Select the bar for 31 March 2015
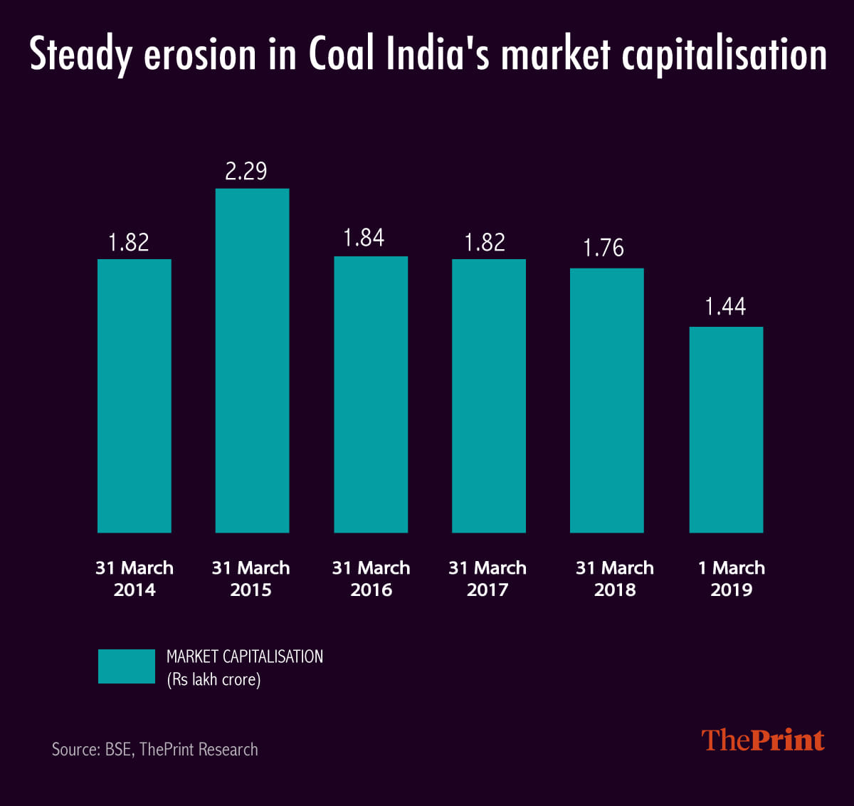(x=252, y=360)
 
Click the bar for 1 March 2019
(x=726, y=429)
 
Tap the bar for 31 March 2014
(x=134, y=395)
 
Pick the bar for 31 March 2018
(x=606, y=400)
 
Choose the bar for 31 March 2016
(x=371, y=394)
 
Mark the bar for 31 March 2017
(x=488, y=395)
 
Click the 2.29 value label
(x=246, y=171)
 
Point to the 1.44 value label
(x=725, y=307)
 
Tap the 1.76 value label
(x=603, y=248)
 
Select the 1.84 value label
(x=363, y=238)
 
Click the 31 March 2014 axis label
(x=135, y=578)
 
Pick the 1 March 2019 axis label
(x=731, y=578)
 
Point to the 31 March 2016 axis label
(x=371, y=578)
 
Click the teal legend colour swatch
(x=126, y=666)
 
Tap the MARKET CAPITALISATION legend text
(x=244, y=656)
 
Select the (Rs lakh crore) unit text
(x=213, y=679)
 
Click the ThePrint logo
(x=763, y=740)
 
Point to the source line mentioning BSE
(x=154, y=749)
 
